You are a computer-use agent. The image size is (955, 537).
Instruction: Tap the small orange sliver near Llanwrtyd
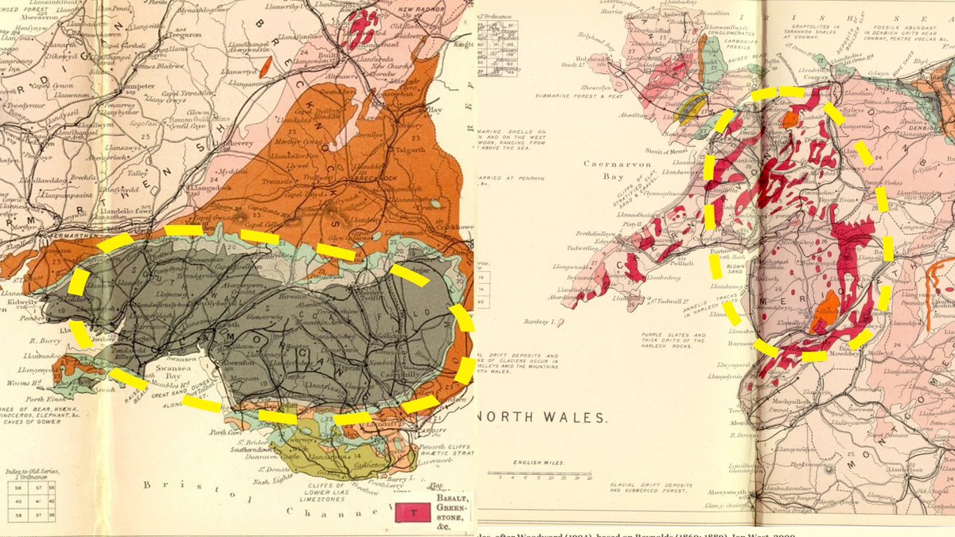click(267, 64)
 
